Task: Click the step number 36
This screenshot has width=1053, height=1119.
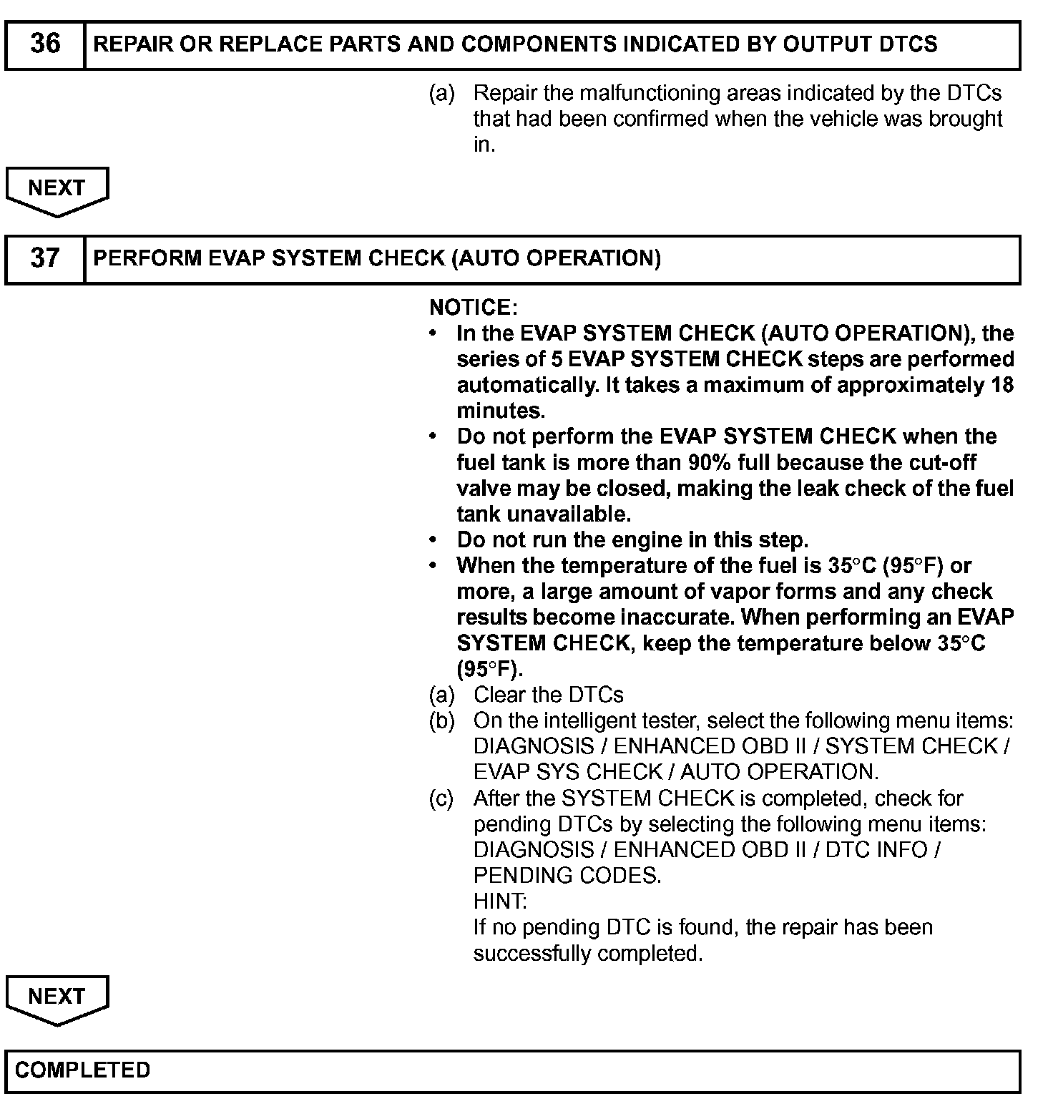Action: (x=45, y=44)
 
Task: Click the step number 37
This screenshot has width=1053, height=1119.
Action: (x=45, y=258)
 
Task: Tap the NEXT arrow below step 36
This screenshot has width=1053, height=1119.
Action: (x=57, y=190)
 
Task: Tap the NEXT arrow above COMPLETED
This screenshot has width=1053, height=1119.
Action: (x=57, y=998)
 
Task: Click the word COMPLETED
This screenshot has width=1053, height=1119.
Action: (x=83, y=1070)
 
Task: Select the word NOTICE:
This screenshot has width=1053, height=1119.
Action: (x=473, y=308)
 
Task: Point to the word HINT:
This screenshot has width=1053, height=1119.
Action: (x=500, y=901)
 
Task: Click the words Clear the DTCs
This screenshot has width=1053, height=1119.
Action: (x=548, y=695)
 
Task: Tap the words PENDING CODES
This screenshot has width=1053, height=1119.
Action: (x=567, y=876)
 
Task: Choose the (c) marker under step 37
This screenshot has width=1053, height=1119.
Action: (x=441, y=798)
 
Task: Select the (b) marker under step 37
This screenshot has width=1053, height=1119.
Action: (x=441, y=721)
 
